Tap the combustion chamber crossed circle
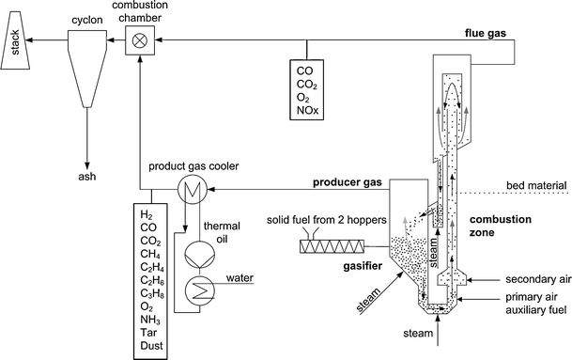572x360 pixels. [141, 39]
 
